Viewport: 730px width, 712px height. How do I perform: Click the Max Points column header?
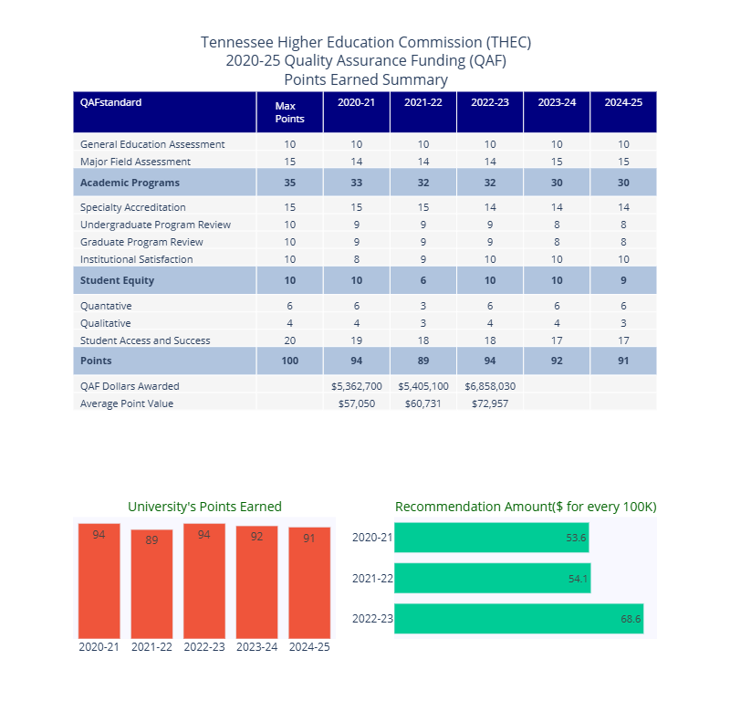(289, 111)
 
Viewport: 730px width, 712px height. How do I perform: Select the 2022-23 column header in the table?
(490, 102)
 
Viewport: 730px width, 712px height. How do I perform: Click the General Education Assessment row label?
(152, 144)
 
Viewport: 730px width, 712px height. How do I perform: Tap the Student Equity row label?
(117, 280)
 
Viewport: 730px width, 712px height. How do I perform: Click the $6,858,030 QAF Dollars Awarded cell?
(490, 386)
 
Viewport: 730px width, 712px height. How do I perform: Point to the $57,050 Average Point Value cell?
(357, 403)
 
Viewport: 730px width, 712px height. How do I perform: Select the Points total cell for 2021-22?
(423, 361)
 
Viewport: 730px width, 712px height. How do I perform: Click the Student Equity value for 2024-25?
(623, 280)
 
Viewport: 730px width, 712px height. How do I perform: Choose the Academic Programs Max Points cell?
(289, 183)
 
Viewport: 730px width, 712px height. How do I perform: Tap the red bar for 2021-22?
(151, 583)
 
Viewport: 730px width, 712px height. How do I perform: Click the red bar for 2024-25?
(309, 581)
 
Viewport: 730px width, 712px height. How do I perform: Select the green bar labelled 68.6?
(518, 619)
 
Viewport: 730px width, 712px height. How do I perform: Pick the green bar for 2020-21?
(491, 538)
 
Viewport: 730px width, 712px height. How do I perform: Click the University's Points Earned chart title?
(204, 507)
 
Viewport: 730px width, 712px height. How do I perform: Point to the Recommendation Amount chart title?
(526, 507)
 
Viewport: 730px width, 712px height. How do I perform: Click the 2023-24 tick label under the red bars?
(256, 646)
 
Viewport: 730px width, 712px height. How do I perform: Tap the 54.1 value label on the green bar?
(578, 579)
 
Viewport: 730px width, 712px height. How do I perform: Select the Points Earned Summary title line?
(365, 79)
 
